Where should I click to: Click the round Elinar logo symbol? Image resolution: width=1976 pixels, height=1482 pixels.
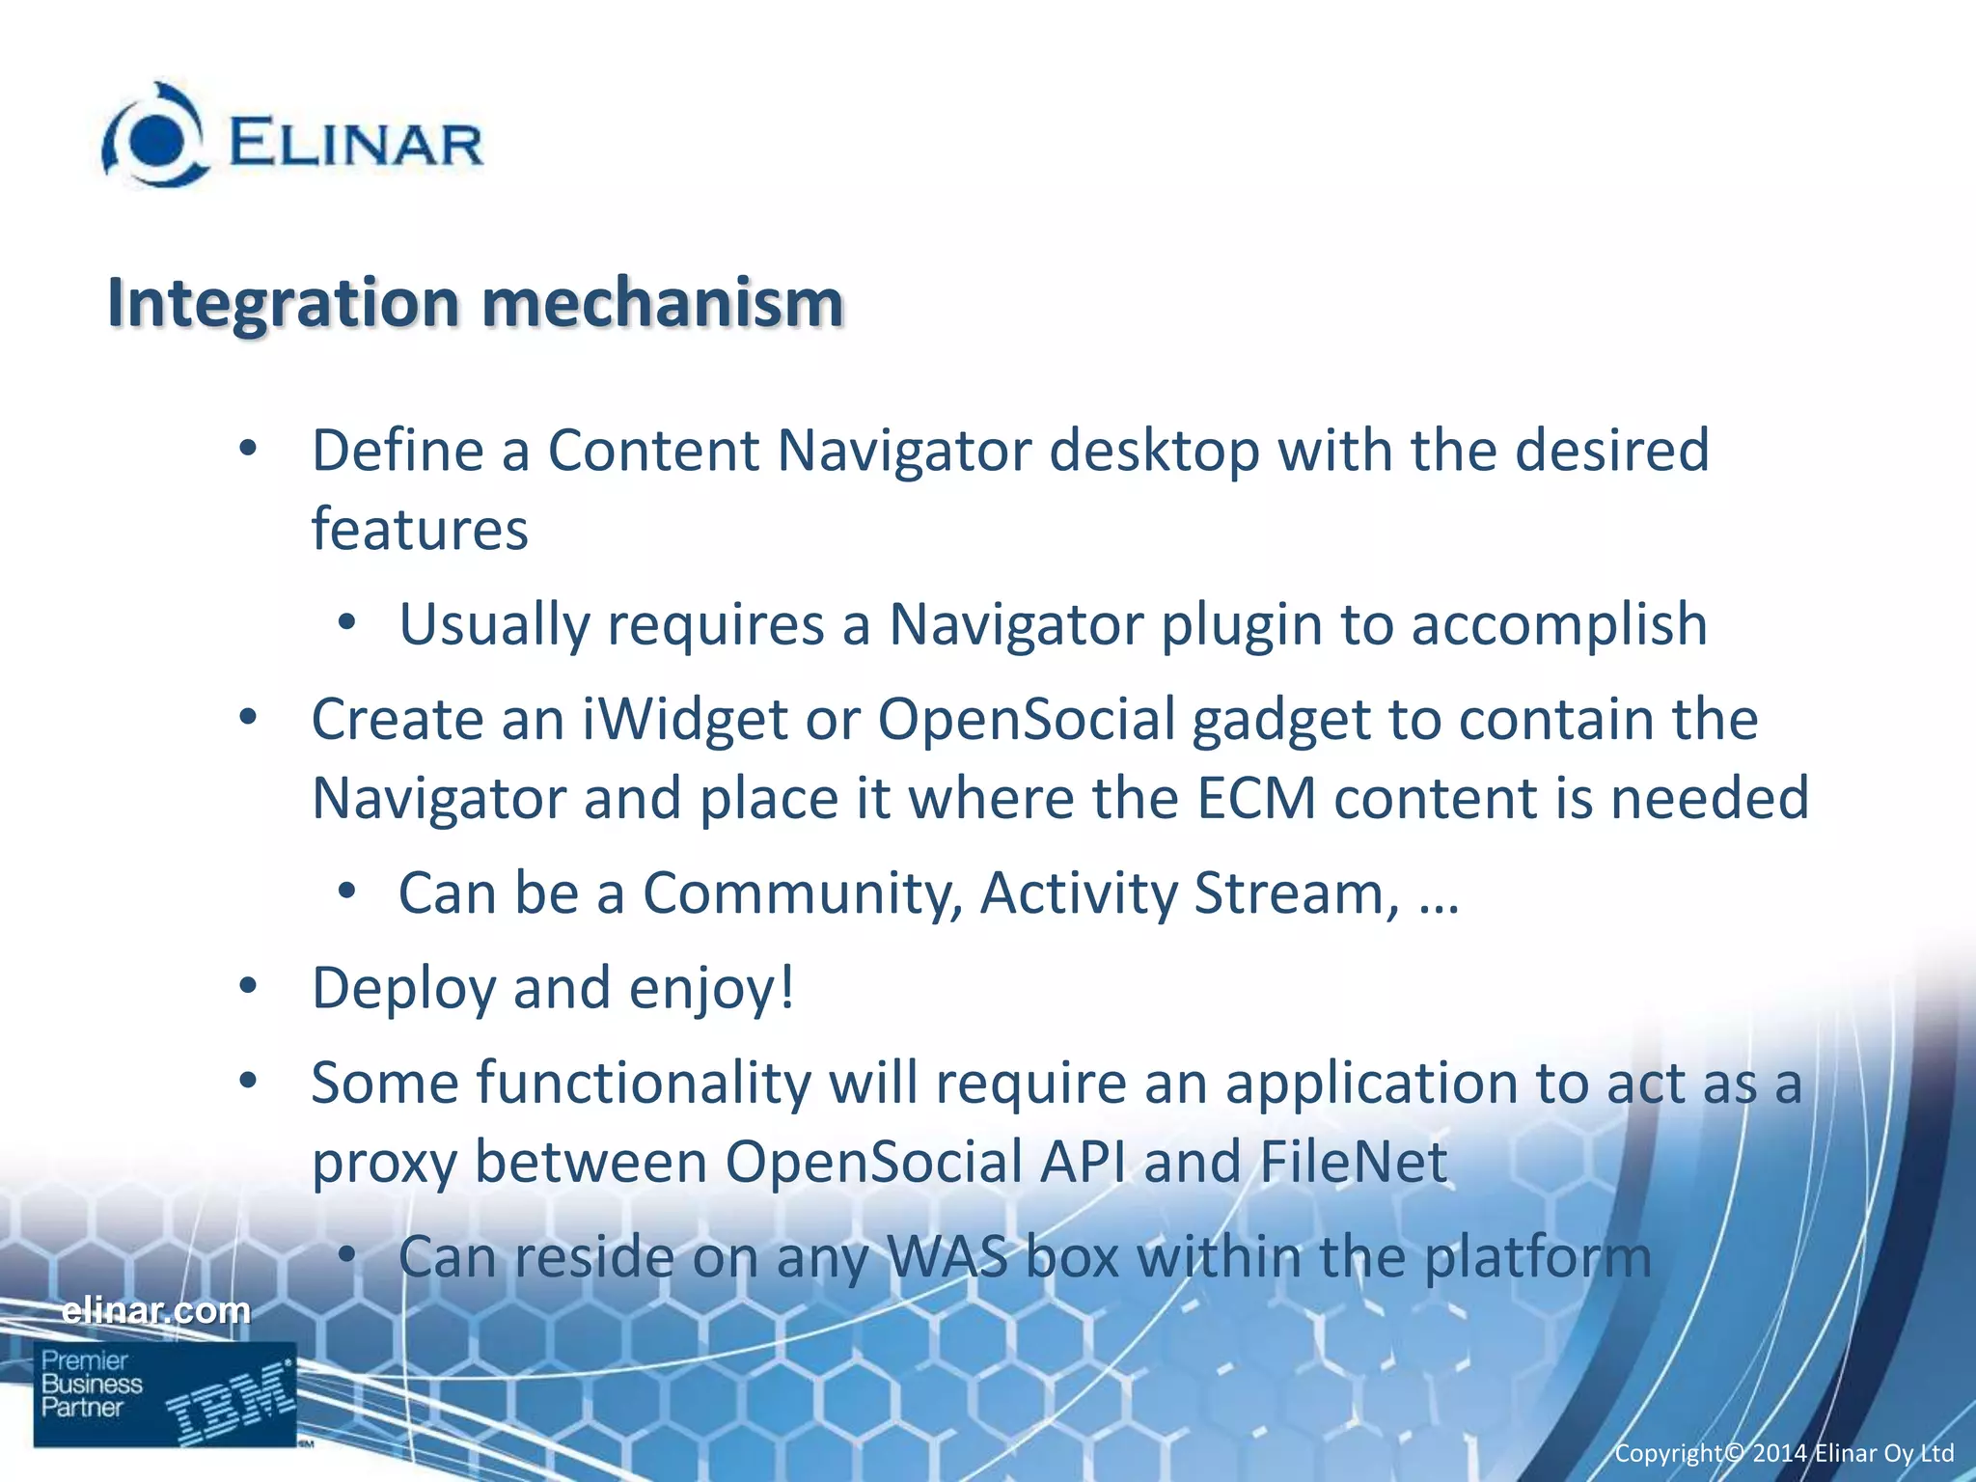point(155,136)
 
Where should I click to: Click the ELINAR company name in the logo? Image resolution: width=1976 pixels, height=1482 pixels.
point(355,145)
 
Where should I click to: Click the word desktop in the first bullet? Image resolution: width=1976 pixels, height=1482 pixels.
point(1154,452)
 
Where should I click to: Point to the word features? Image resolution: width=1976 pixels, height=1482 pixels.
point(420,530)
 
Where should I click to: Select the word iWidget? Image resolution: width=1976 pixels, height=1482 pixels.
point(685,720)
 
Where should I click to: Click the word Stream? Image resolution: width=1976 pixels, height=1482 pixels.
point(1296,893)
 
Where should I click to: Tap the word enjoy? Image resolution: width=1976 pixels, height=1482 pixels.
point(712,989)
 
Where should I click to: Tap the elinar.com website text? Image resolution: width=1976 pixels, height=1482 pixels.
point(155,1310)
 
